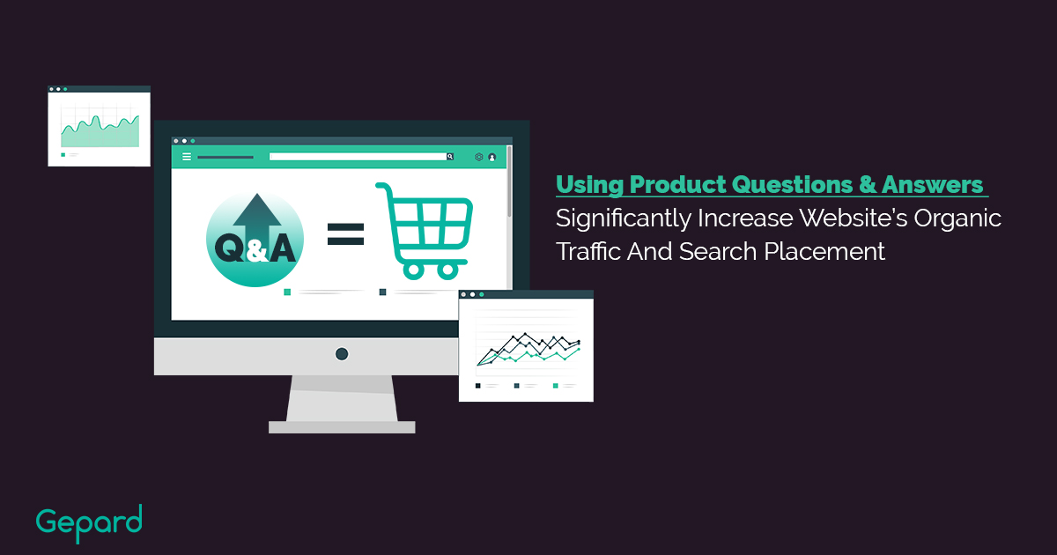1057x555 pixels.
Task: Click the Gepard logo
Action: [x=89, y=523]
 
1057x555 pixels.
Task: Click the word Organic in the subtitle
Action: [x=957, y=218]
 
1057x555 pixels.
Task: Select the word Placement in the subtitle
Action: [x=824, y=251]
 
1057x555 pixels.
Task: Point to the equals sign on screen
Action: [x=345, y=234]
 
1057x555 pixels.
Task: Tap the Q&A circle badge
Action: [x=255, y=239]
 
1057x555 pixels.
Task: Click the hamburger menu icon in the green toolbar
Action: [x=187, y=157]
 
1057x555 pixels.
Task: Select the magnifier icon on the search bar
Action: [x=450, y=157]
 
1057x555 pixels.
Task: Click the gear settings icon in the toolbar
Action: [x=478, y=157]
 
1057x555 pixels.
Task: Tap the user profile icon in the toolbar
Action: [x=492, y=157]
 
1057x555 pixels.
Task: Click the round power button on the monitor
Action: [x=342, y=354]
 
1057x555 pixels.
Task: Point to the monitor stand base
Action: [x=342, y=427]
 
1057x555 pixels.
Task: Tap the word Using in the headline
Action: [x=590, y=184]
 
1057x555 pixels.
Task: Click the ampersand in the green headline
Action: [x=868, y=184]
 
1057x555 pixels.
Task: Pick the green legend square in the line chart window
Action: [x=556, y=386]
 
